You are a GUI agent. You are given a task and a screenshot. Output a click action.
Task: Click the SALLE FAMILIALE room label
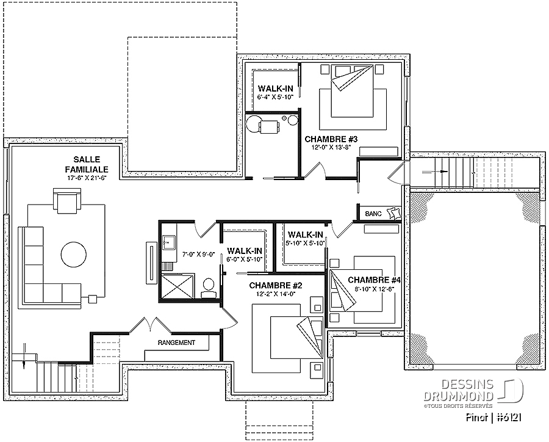coord(87,164)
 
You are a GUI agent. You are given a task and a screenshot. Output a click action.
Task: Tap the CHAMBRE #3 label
coord(331,139)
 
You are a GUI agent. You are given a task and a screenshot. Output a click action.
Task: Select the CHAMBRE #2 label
coord(276,286)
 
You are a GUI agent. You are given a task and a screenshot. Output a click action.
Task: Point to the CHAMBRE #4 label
coord(374,280)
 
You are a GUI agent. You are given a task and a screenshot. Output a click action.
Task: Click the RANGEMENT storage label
coord(176,342)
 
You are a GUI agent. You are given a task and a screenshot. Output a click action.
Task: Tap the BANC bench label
coord(373,214)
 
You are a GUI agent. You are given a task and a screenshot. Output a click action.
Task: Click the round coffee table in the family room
coord(74,255)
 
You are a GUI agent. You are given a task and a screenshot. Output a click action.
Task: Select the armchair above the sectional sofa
coord(67,201)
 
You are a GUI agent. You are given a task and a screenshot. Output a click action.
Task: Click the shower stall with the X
coord(177,286)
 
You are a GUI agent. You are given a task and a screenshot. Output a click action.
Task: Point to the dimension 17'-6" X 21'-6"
coord(87,178)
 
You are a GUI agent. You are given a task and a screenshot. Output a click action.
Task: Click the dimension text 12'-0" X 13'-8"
coord(331,148)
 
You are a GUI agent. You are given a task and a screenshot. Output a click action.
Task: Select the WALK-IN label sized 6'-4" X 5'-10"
coord(276,89)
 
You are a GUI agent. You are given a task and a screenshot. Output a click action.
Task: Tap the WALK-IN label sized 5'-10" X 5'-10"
coord(305,234)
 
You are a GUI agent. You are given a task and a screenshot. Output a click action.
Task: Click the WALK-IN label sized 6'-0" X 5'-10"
coord(245,251)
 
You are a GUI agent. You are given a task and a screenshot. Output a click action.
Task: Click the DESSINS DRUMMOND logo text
coord(459,391)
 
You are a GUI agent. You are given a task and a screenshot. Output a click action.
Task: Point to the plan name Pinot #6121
coord(494,418)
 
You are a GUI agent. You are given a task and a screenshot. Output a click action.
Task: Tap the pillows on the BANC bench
coord(393,213)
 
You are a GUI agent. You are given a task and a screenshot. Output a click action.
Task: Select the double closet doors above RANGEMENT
coord(150,325)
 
